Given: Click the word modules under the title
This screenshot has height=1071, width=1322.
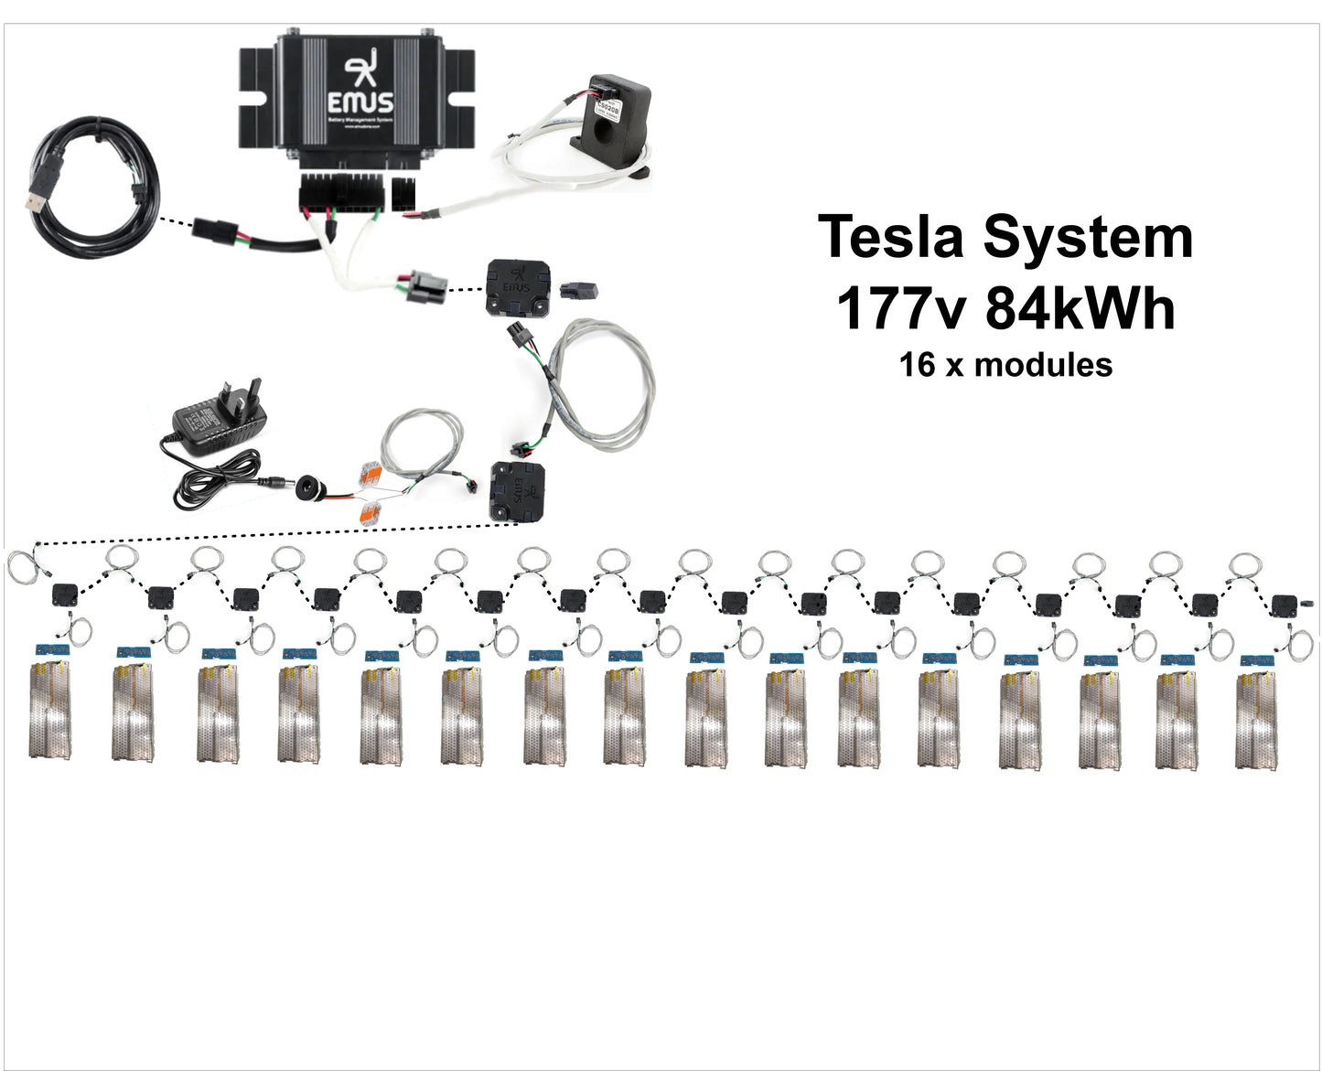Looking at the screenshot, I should [1043, 366].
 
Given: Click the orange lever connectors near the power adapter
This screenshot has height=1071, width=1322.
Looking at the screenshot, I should [370, 494].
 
